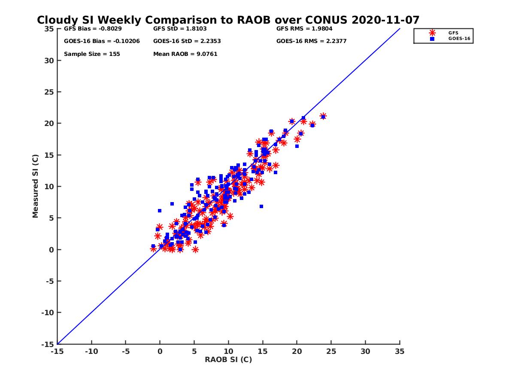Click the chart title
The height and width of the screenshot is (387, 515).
(228, 20)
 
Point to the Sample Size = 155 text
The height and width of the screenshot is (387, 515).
(92, 54)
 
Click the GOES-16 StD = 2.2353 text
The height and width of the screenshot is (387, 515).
(187, 41)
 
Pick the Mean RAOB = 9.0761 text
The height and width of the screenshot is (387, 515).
(185, 54)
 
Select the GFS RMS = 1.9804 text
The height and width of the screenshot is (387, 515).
(304, 29)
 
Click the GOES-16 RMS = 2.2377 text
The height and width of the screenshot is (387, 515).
(311, 41)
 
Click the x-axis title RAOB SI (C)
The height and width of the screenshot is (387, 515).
(228, 359)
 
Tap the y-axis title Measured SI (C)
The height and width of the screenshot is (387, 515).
(36, 186)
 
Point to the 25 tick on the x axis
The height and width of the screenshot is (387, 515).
(331, 351)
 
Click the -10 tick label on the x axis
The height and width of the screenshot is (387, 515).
(91, 351)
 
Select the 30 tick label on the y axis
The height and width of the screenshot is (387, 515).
(49, 61)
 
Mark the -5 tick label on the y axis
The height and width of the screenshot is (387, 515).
(50, 281)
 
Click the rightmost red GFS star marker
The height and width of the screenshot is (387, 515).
(323, 116)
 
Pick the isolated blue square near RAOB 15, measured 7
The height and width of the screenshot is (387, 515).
(261, 206)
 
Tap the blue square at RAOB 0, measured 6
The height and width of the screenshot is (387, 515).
(160, 211)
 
